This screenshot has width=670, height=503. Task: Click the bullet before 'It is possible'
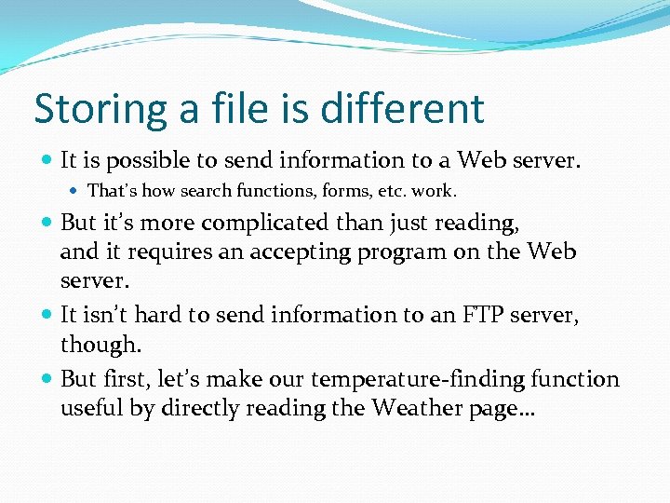point(47,161)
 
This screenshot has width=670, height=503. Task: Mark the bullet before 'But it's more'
point(47,224)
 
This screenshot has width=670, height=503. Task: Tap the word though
point(100,345)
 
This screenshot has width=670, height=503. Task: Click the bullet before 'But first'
point(47,379)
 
